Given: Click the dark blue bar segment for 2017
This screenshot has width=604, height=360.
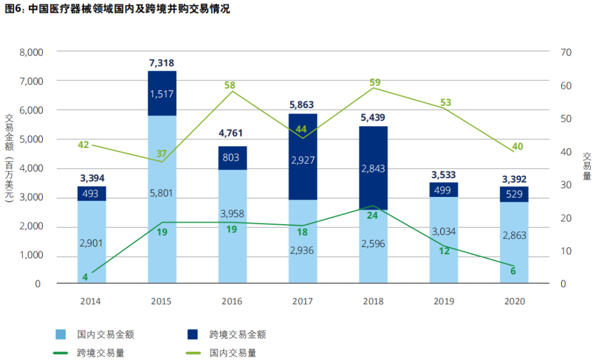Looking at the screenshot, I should point(303,156).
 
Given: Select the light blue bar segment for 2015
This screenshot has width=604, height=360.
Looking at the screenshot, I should point(162,199).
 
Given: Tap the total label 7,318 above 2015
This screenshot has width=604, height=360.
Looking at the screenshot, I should point(162,62).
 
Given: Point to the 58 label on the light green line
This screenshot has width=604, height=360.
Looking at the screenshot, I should point(230,85).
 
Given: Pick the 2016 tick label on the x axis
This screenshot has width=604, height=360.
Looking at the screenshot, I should point(233,301).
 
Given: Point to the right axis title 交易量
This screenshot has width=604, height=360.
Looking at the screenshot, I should point(586,166).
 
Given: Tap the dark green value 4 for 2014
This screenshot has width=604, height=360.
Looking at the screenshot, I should point(85,277).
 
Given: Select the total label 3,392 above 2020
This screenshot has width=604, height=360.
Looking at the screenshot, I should point(514,179).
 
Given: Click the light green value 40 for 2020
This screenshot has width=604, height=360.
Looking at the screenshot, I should point(517,146).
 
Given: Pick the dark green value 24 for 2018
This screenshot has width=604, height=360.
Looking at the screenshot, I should point(373,215).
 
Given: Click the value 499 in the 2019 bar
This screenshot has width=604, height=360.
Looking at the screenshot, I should point(443,190).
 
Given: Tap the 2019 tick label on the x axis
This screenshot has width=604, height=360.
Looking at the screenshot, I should point(444,301).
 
